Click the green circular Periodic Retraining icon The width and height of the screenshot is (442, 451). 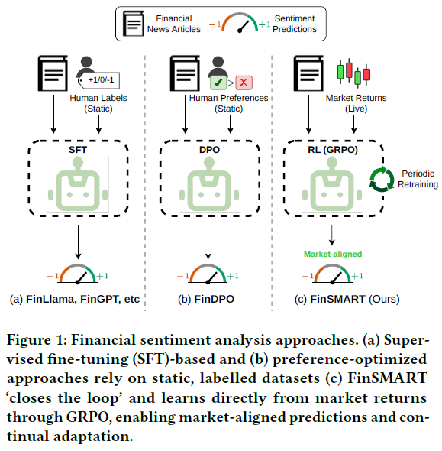(x=382, y=179)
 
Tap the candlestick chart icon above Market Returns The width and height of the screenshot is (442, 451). (x=353, y=73)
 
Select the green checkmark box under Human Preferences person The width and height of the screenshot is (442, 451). (x=218, y=83)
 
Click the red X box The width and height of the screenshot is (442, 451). (x=244, y=83)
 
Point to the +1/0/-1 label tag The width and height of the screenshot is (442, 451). (x=99, y=80)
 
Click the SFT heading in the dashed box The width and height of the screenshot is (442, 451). (x=78, y=150)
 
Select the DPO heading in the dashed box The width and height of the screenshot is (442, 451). (x=209, y=150)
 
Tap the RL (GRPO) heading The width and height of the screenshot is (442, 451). (x=333, y=150)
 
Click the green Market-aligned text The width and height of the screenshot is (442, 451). (x=333, y=254)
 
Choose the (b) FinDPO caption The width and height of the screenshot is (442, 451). (x=206, y=299)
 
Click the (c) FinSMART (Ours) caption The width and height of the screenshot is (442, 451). (x=347, y=299)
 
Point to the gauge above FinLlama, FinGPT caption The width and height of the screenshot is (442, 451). (x=78, y=274)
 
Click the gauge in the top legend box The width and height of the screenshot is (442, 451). (x=240, y=22)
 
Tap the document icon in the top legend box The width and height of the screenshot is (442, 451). (x=134, y=23)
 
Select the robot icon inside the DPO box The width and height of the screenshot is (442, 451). (x=209, y=184)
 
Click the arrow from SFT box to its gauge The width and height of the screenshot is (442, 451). (x=78, y=242)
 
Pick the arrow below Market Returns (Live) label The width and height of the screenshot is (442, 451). (x=354, y=125)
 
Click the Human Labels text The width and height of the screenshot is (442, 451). (x=98, y=98)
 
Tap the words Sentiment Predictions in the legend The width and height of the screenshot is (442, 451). (x=295, y=24)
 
